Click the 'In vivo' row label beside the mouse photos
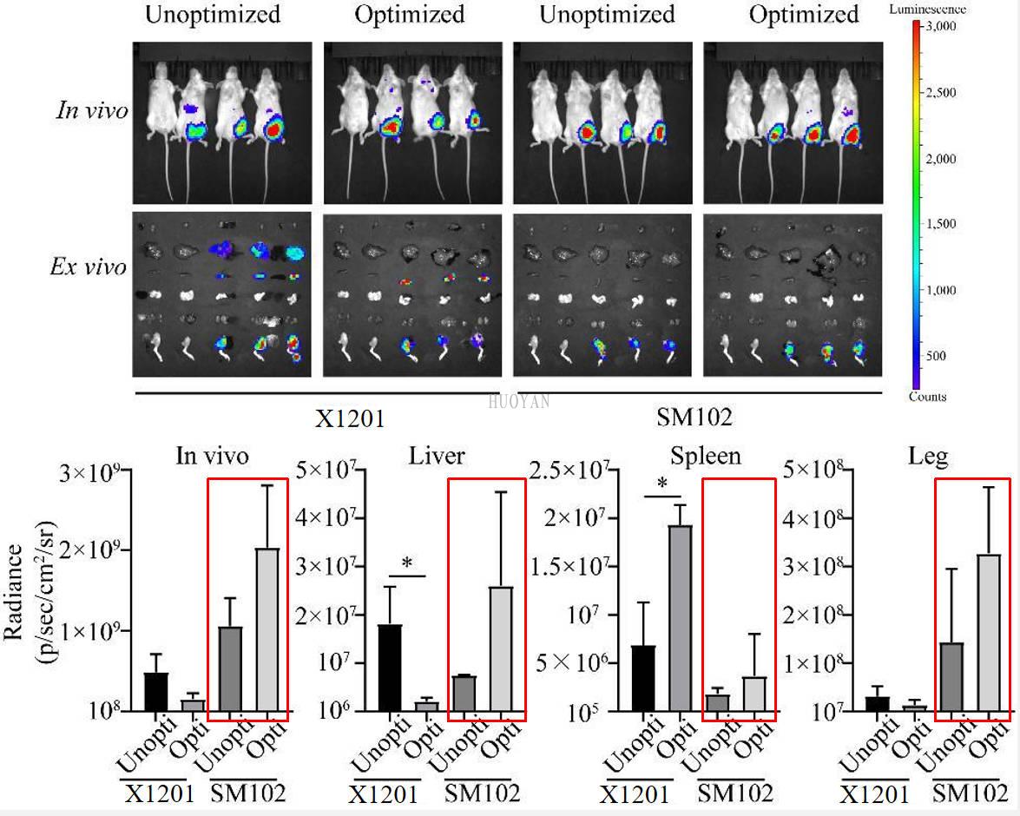[x=92, y=110]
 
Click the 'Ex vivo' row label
[x=88, y=267]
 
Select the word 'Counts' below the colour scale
[x=927, y=397]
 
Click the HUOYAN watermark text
[x=519, y=401]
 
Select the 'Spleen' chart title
[x=706, y=456]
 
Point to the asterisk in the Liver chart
[x=406, y=563]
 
